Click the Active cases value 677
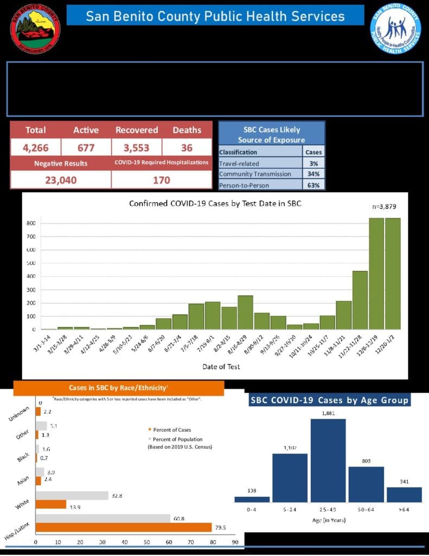pos(86,147)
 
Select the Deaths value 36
pos(187,147)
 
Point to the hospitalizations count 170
pos(161,180)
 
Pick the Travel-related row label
pos(239,163)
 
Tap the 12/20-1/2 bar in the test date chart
pos(393,274)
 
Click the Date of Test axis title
pos(221,367)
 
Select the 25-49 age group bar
pos(328,460)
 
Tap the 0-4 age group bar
pos(252,499)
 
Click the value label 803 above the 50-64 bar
pos(366,460)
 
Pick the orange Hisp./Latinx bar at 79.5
pos(124,527)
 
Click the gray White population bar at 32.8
pos(72,495)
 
